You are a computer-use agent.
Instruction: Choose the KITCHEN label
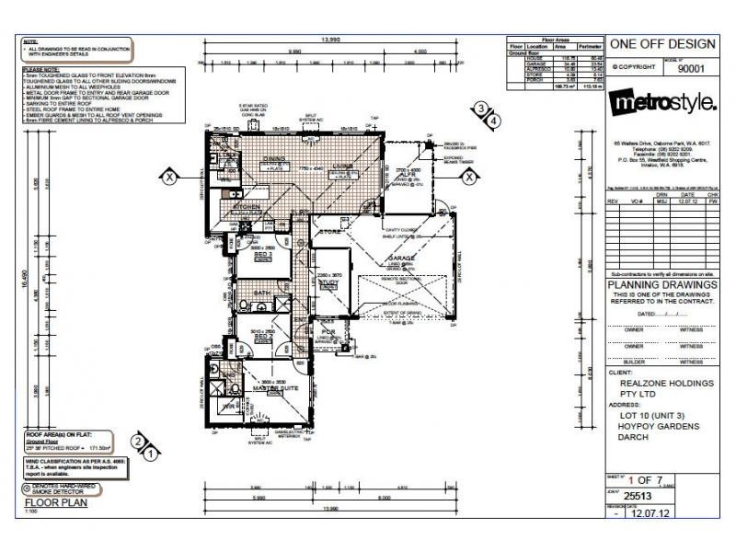[x=247, y=208]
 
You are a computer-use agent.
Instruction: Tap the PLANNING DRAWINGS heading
[x=662, y=285]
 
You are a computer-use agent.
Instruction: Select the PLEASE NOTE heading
[x=40, y=68]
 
